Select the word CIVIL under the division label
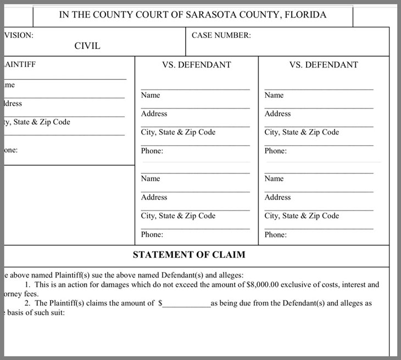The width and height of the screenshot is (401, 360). [x=87, y=46]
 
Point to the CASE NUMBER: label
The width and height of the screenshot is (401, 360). [x=221, y=35]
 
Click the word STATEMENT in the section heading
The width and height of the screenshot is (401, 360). [x=160, y=255]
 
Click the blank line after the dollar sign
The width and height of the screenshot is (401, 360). [x=186, y=303]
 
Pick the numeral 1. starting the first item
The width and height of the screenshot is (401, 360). [x=29, y=285]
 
